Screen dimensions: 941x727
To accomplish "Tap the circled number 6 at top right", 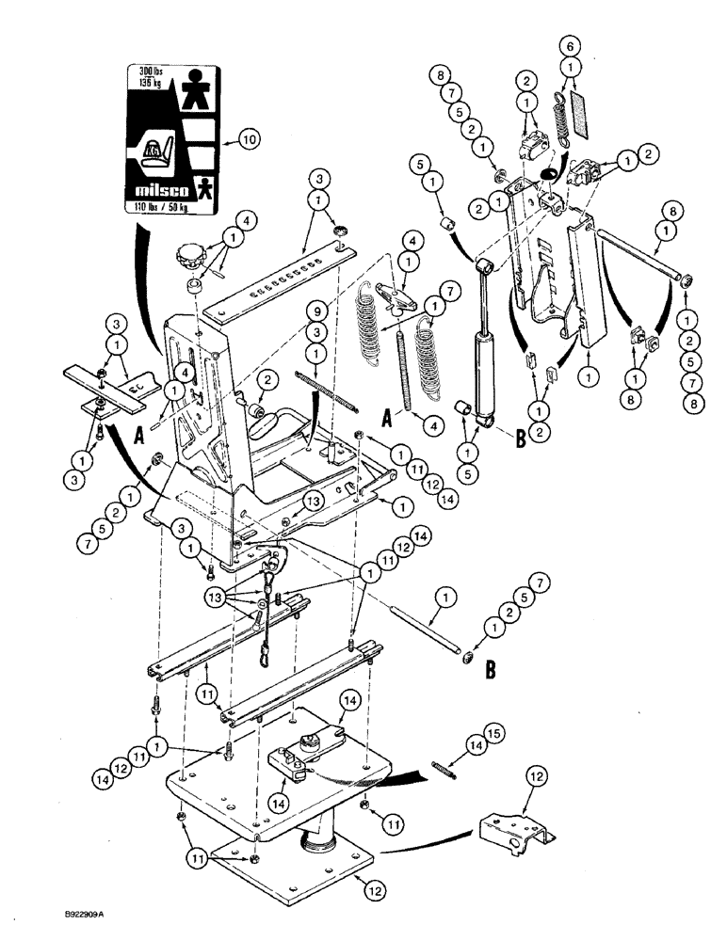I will (566, 44).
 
